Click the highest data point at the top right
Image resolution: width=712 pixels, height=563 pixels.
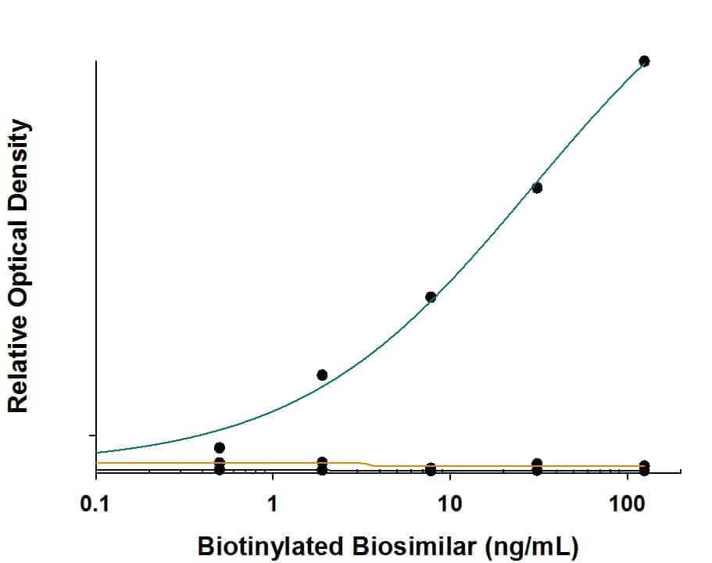(644, 61)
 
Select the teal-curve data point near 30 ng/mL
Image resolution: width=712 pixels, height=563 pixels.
(537, 188)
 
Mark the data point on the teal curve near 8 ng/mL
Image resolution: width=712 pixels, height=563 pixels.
(431, 297)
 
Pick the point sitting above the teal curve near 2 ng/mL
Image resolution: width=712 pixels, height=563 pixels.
(322, 375)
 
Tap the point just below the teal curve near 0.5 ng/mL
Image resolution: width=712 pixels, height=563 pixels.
(220, 447)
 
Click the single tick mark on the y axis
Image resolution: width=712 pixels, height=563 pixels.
(93, 435)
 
